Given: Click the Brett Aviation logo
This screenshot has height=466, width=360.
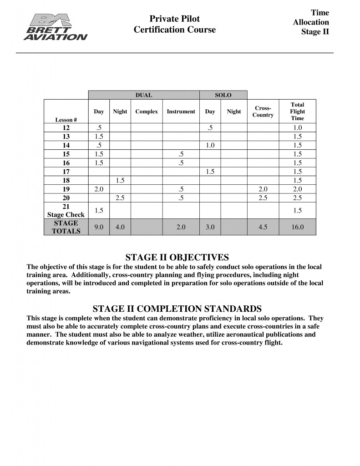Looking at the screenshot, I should coord(55,27).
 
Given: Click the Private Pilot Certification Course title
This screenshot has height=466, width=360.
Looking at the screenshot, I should coord(175,24).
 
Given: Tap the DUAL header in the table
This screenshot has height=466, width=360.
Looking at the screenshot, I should coord(144,95).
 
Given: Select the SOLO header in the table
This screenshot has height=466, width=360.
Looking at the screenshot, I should coord(223,95).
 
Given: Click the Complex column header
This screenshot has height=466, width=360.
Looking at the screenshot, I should coord(147,111).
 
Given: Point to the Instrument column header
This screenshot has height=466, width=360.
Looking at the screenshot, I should coord(181,111).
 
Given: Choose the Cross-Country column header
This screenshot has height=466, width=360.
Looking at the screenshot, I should coord(263,111).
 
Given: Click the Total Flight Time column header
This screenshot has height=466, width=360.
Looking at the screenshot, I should coord(297,111).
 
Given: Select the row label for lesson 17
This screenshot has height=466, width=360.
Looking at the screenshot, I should coord(66,172).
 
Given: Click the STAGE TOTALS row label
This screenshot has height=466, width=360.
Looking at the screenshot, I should coord(66,227).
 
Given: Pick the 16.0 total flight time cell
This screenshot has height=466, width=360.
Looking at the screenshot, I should coord(297,227).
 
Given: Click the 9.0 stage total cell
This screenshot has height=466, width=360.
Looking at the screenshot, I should coord(99,227).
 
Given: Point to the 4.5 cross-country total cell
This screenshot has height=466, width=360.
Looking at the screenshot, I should coord(263,227).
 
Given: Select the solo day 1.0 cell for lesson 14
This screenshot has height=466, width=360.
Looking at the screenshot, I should coord(210,145).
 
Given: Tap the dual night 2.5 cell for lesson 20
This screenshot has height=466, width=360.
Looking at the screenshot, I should coord(120,198).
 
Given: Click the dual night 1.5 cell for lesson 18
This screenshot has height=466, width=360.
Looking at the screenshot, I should coord(120,180).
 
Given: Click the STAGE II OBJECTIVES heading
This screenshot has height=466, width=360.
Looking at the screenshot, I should coord(177,258).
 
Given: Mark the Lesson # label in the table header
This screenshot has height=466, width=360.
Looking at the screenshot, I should coord(66,120).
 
